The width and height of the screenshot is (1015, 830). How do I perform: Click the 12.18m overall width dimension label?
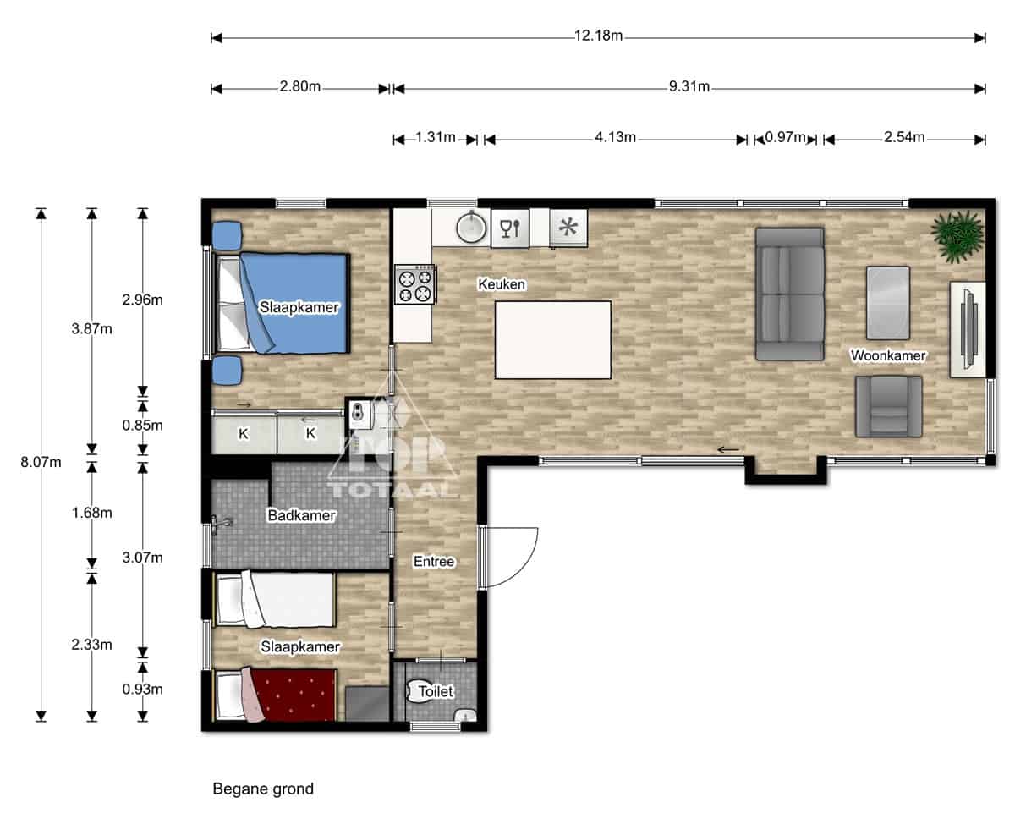(x=598, y=36)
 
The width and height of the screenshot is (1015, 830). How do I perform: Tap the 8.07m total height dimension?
(x=41, y=462)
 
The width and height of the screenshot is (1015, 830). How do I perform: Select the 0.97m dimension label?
(x=785, y=137)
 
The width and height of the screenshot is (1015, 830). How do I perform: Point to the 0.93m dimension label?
(x=142, y=689)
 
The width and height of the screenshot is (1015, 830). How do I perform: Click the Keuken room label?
(x=502, y=284)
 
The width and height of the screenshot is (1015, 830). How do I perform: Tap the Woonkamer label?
(x=888, y=355)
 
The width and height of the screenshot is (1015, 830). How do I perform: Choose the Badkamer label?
(x=301, y=515)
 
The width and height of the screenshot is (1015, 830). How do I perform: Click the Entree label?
(x=434, y=561)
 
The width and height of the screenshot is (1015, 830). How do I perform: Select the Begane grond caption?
(x=263, y=789)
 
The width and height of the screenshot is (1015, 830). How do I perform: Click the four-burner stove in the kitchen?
(x=414, y=284)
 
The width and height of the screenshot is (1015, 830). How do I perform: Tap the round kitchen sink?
(x=471, y=227)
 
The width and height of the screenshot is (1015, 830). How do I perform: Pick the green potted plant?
(x=957, y=236)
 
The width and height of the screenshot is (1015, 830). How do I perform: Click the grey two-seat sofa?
(x=789, y=294)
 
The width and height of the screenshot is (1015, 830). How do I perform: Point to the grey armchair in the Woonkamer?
(x=888, y=406)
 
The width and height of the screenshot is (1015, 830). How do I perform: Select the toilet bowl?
(x=418, y=692)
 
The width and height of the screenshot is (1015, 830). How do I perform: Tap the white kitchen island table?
(x=553, y=340)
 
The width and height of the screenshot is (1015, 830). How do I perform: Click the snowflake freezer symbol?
(x=568, y=228)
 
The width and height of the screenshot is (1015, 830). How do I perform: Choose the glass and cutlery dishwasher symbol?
(x=510, y=228)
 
